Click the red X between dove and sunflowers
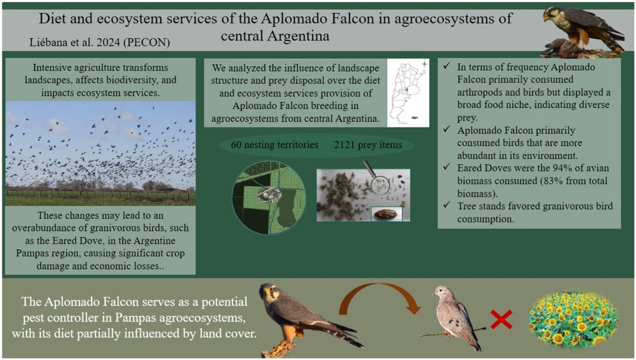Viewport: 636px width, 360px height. tap(501, 319)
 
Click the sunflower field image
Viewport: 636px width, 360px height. tap(573, 320)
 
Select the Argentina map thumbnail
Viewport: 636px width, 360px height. tap(408, 93)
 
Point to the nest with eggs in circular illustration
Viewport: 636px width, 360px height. tap(269, 194)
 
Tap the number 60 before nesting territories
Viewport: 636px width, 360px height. tap(236, 145)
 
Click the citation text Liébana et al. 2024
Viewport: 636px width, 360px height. tap(75, 42)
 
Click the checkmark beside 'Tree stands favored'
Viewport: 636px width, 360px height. tap(447, 205)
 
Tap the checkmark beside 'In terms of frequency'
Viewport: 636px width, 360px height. tap(447, 66)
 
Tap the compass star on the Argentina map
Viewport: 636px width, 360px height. tap(424, 64)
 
